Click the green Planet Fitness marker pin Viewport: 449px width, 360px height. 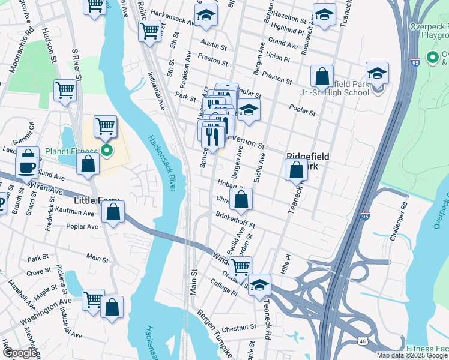(107, 150)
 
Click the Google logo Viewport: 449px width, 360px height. (20, 353)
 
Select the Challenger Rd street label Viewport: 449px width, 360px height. (399, 221)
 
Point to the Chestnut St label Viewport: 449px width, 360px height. (240, 329)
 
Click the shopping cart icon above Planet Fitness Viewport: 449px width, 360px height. (105, 126)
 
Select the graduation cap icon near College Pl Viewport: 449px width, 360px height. (259, 285)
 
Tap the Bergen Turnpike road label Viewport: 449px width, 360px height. (215, 327)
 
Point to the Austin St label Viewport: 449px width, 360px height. (214, 44)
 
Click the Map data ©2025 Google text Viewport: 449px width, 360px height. (412, 355)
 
